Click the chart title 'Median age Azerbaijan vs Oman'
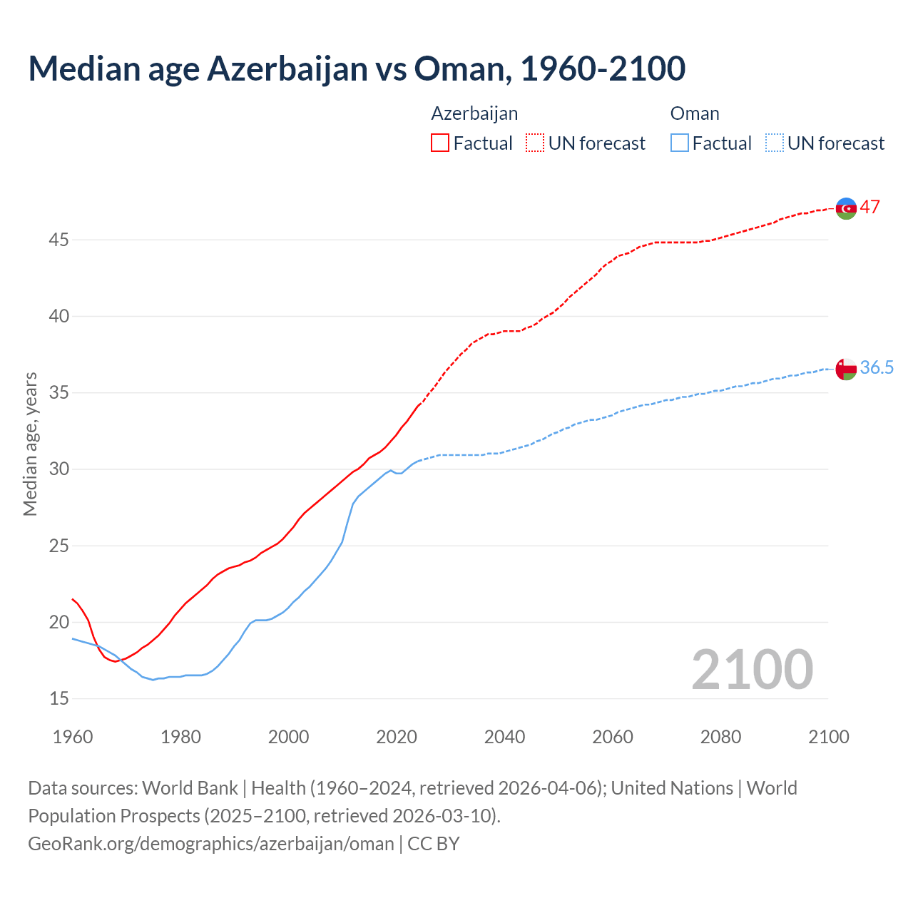pos(357,68)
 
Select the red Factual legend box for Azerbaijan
pos(439,143)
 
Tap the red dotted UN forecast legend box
pos(534,143)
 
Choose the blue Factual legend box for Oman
pos(679,143)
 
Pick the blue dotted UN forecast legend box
pos(774,143)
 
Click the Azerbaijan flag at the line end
pos(846,208)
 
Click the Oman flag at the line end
pos(846,369)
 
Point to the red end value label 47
pos(869,208)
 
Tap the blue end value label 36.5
pos(877,368)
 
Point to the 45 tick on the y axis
pos(58,240)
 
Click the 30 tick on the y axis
pos(58,469)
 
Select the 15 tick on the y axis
pos(58,699)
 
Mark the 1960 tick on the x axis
pos(73,737)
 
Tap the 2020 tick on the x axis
pos(397,737)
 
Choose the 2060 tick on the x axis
pos(613,737)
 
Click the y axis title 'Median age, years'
pos(30,444)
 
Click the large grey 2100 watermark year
pos(752,670)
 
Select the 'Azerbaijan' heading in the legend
pos(474,114)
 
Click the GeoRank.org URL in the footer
pos(211,844)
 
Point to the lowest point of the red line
pos(115,661)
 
